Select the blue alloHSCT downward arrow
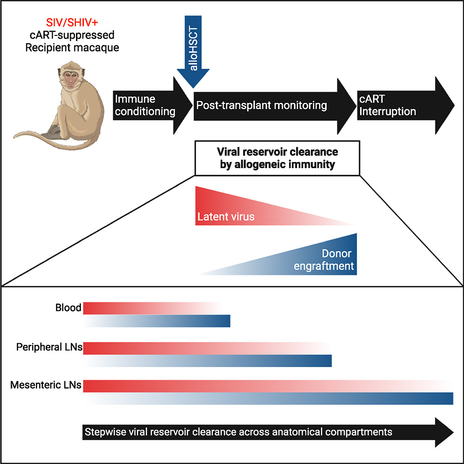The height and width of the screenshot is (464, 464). (x=193, y=47)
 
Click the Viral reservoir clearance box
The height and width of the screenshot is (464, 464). (x=277, y=158)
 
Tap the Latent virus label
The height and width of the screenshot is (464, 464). (x=226, y=217)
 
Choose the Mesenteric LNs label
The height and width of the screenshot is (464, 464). (x=46, y=385)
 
